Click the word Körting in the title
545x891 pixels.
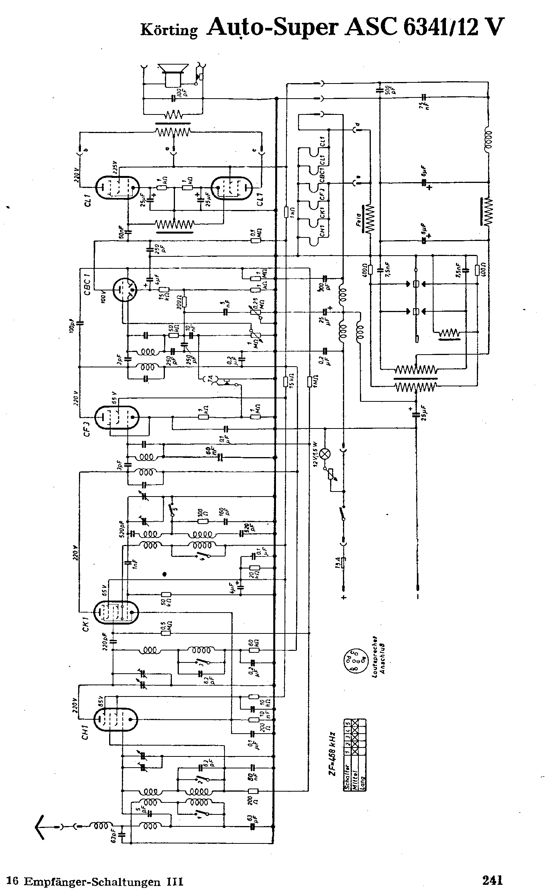coord(169,30)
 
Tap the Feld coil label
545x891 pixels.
coord(358,222)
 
